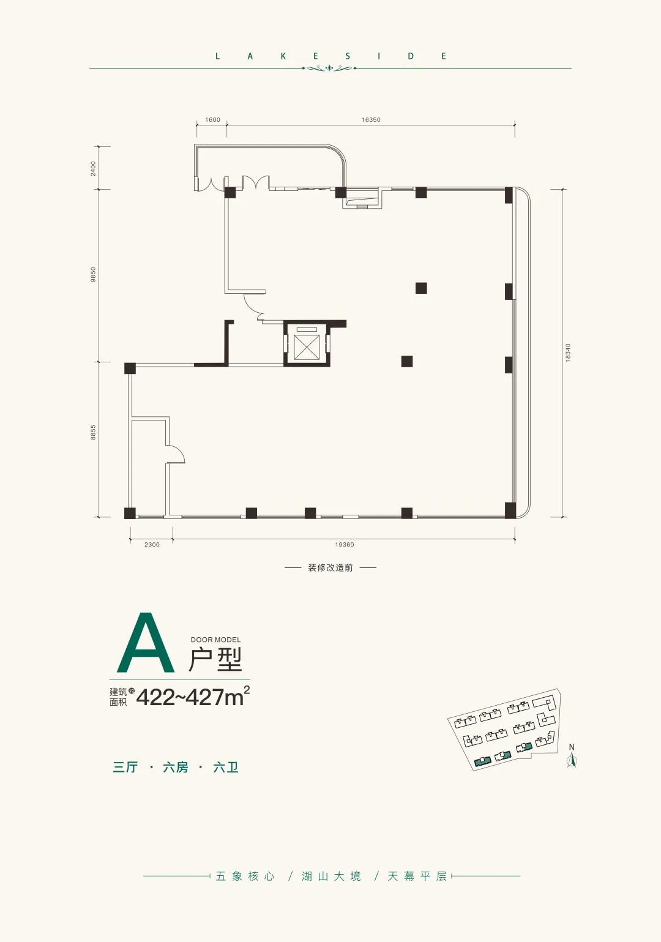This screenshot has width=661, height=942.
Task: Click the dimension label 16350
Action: coord(370,120)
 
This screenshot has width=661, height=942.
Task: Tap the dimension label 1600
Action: coord(212,120)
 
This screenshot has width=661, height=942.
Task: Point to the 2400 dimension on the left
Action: coord(93,168)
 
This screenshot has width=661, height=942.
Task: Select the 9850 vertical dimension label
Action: coord(93,275)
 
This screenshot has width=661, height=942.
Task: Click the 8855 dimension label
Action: coord(93,432)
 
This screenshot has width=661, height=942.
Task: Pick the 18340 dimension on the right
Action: coord(568,353)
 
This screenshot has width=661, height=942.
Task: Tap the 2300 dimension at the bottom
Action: coord(152,544)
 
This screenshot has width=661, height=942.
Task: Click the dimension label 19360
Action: coord(345,544)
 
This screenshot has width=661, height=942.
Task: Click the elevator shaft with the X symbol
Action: coord(307,343)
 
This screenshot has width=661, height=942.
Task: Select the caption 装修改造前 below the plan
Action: coord(330,568)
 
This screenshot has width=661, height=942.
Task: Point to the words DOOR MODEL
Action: coord(215,640)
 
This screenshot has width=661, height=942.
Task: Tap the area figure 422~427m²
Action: coord(193,697)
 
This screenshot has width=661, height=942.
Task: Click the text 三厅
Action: coord(125,768)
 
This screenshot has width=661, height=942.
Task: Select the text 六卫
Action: coord(226,768)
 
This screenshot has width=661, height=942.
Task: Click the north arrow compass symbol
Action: coord(572,756)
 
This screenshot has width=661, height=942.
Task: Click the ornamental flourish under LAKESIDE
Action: coord(330,68)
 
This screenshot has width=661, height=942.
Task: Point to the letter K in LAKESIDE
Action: coord(283,56)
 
